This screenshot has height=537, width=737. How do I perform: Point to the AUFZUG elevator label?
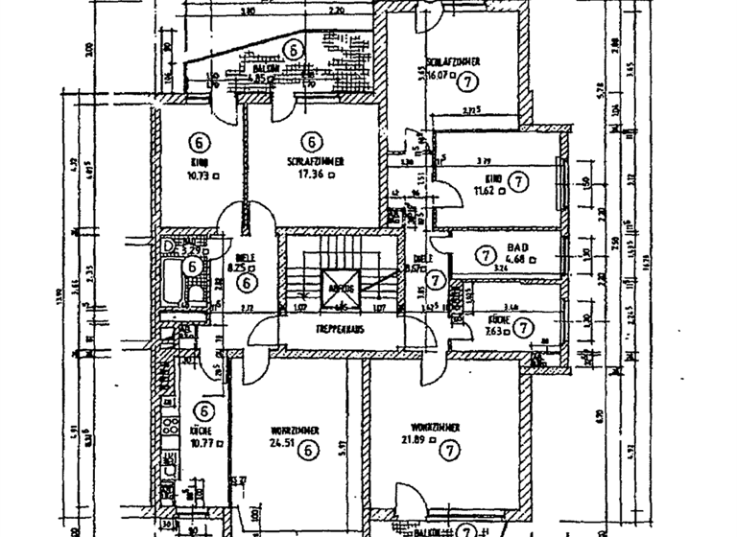point(342,288)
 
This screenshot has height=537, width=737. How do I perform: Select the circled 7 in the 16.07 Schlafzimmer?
point(467,82)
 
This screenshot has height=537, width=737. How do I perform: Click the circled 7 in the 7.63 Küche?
point(522,327)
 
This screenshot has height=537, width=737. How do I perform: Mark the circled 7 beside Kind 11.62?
point(517,180)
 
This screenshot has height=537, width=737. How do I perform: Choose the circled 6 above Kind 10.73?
point(199,142)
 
